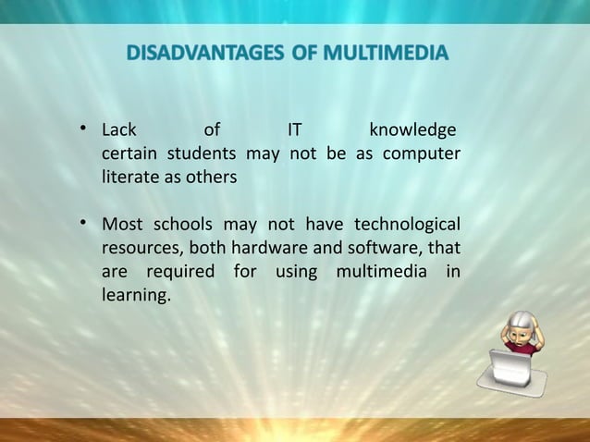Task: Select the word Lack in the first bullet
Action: click(119, 129)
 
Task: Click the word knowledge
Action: click(412, 129)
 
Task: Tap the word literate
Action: click(130, 177)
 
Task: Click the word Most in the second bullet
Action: click(122, 225)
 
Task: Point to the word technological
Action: click(407, 225)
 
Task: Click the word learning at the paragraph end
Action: click(136, 297)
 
